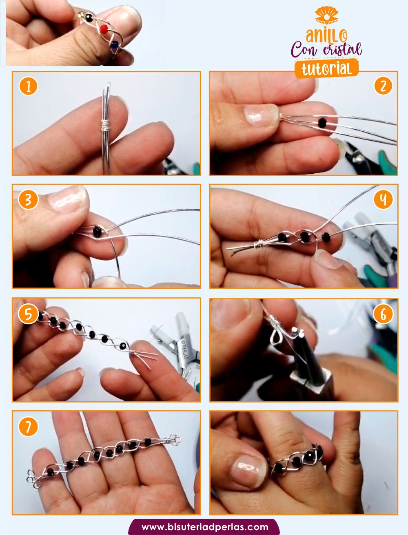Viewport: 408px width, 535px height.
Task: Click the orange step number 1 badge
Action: point(28,86)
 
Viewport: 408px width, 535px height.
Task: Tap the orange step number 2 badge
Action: point(383,86)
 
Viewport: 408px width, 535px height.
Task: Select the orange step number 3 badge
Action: point(28,200)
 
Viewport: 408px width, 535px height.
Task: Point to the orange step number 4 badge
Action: point(383,200)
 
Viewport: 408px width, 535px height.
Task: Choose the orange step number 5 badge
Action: point(28,314)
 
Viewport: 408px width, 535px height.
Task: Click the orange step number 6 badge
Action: point(383,314)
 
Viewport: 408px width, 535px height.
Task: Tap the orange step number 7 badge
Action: point(28,427)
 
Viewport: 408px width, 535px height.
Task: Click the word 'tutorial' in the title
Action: point(326,69)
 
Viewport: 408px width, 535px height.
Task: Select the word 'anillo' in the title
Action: point(326,35)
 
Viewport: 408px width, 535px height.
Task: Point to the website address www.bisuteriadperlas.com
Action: point(205,527)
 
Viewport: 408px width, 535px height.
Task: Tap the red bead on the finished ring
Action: point(104,29)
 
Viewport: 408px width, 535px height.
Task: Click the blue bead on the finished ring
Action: point(114,44)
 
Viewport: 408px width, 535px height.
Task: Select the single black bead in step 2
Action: point(322,122)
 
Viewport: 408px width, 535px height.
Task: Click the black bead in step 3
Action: point(98,231)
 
